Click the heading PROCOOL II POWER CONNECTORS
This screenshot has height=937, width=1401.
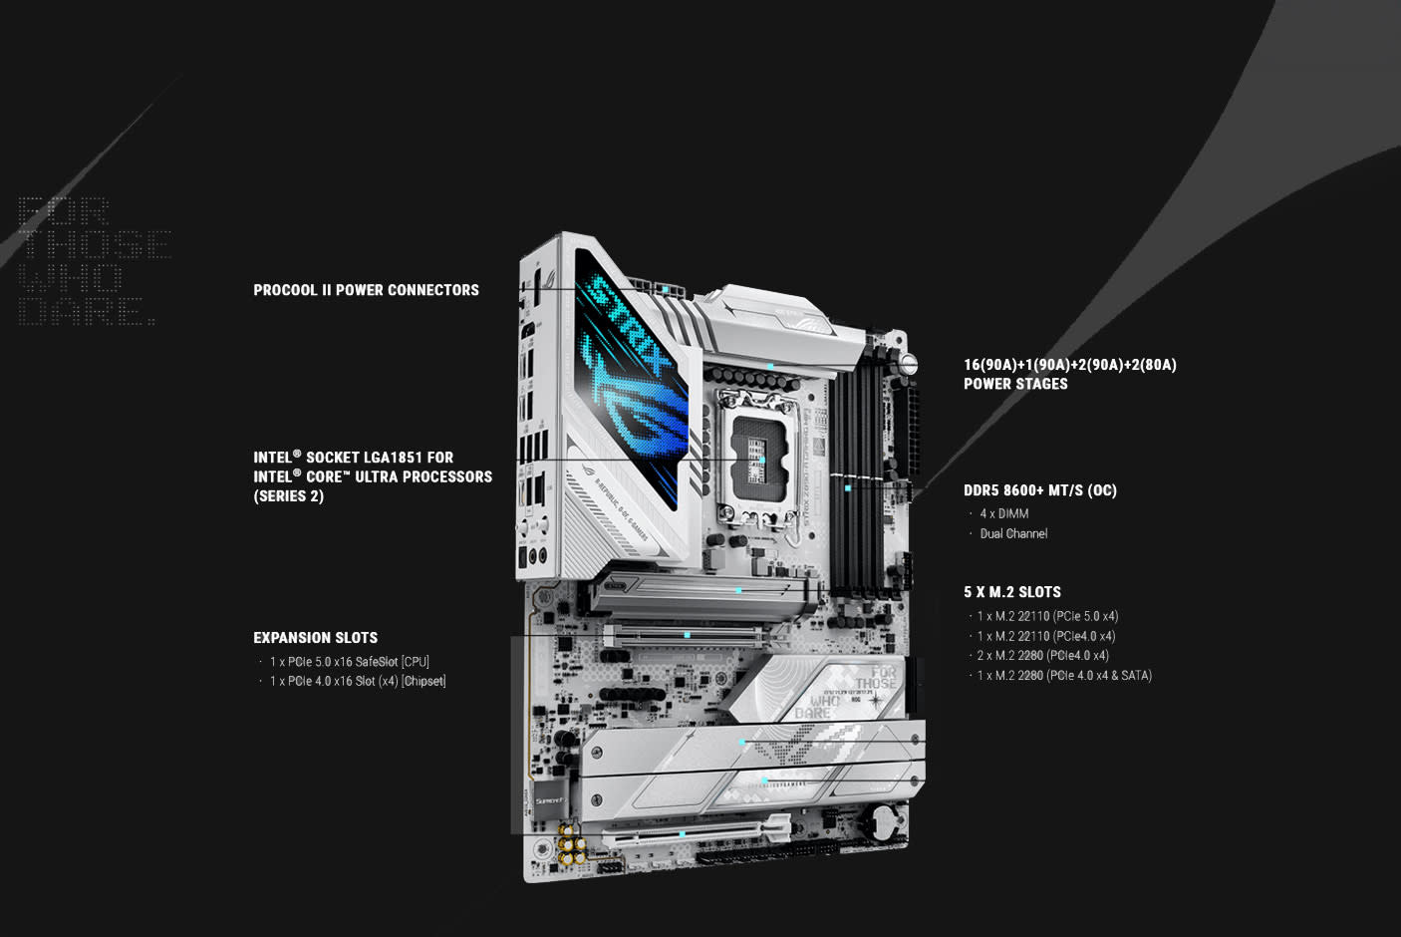click(366, 290)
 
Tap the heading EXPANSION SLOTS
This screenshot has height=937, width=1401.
click(315, 638)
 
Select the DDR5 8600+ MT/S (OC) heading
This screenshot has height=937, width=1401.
click(1039, 490)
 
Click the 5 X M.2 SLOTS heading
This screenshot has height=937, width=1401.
click(1011, 592)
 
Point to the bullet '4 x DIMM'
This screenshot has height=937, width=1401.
click(1003, 513)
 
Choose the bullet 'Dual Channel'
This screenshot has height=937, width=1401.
click(1013, 533)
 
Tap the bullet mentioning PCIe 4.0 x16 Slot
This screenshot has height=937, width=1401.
click(357, 682)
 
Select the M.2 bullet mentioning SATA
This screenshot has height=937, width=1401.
click(1063, 676)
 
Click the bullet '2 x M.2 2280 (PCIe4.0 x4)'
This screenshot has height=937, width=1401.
click(1042, 656)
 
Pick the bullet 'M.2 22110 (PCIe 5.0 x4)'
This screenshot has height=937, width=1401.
click(1047, 616)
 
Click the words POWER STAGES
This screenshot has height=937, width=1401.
click(1015, 384)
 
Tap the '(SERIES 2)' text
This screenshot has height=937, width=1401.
click(288, 496)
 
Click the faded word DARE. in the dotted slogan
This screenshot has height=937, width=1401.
click(88, 312)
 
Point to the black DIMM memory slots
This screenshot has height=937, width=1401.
click(858, 478)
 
